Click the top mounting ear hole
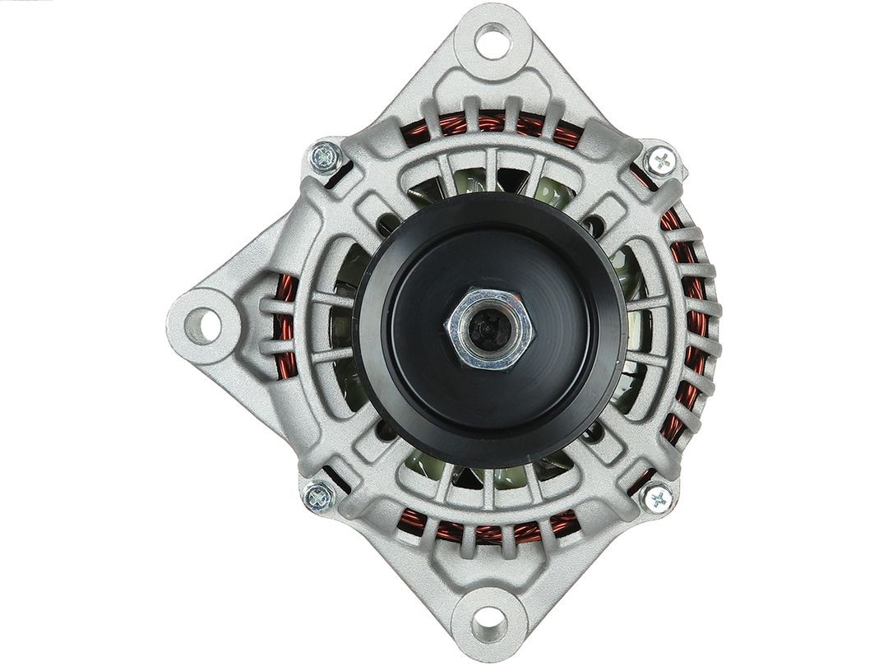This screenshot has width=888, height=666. [493, 40]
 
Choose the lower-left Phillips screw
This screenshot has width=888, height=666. [318, 496]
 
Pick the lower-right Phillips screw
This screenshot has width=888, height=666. [656, 497]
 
